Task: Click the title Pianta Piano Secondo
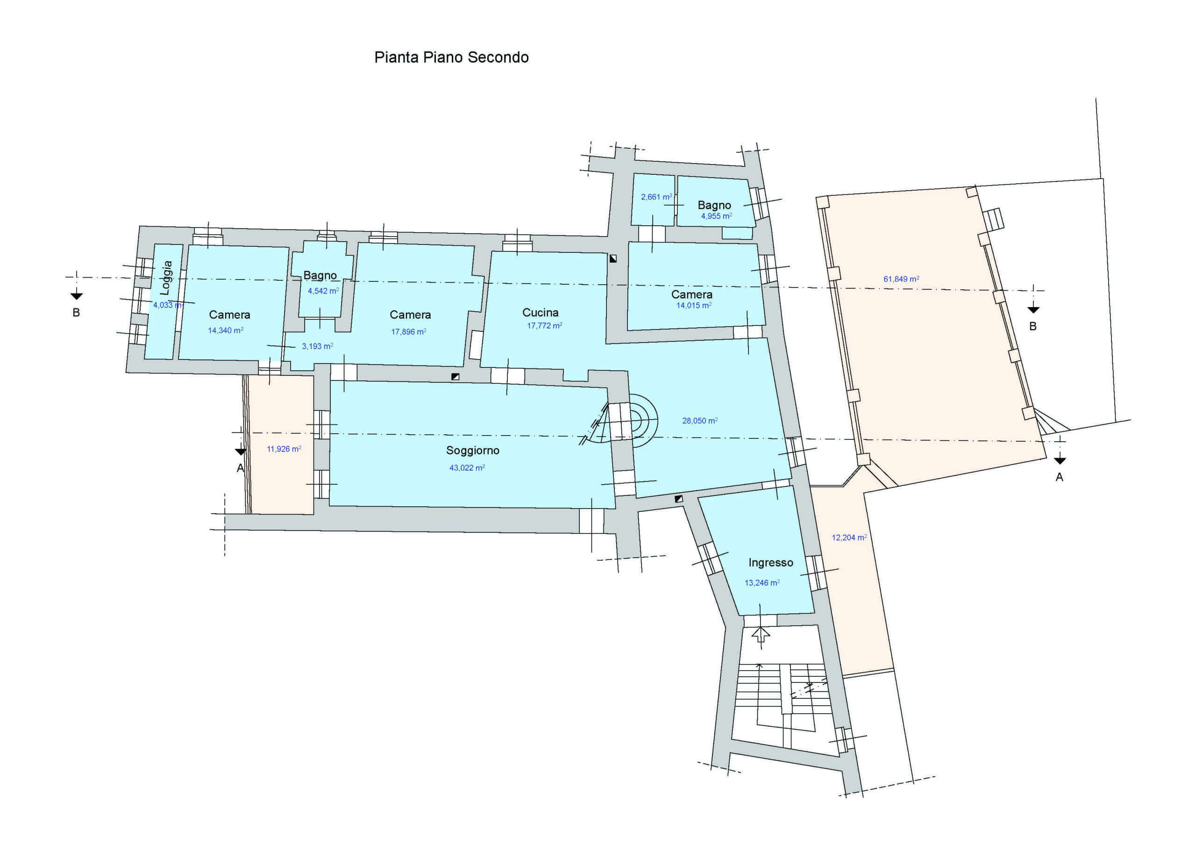coord(451,57)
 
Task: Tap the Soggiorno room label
coord(472,451)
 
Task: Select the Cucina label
coord(540,313)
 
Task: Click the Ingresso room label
coord(770,563)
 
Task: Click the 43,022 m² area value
coord(467,468)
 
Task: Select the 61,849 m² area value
coord(901,279)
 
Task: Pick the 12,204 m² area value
coord(849,538)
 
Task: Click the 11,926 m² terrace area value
coord(284,449)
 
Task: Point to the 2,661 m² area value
coord(656,197)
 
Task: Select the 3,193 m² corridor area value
coord(317,346)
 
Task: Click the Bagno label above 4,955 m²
coord(714,205)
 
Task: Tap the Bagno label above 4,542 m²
coord(320,275)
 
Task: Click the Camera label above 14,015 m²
coord(691,294)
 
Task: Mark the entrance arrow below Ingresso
coord(762,634)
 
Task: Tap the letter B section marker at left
coord(76,313)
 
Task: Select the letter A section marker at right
coord(1059,477)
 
